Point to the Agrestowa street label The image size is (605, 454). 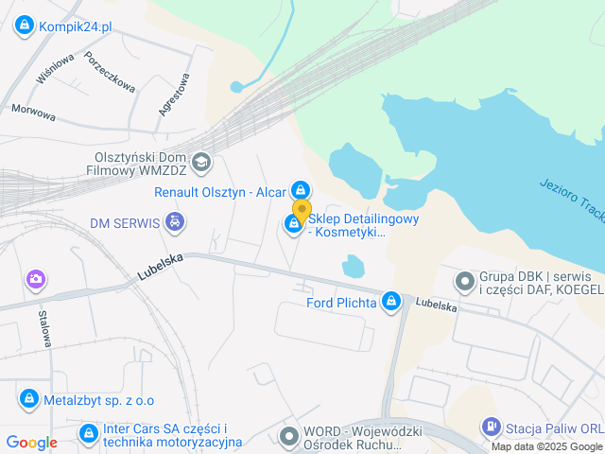click(x=174, y=95)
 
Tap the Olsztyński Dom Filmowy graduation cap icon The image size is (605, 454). click(x=200, y=163)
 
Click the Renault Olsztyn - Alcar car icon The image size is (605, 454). click(x=301, y=191)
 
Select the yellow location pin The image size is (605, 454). click(x=302, y=211)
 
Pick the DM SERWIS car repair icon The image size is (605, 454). click(x=173, y=222)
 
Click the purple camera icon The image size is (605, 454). click(x=36, y=278)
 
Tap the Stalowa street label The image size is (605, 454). click(x=43, y=325)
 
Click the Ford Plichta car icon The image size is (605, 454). click(x=390, y=303)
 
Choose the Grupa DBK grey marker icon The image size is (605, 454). click(x=464, y=281)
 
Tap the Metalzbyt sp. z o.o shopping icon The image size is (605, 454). click(x=29, y=399)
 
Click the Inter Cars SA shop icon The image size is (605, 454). click(x=88, y=434)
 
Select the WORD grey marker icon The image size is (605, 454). click(x=289, y=435)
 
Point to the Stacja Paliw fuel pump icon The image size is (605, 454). click(x=491, y=428)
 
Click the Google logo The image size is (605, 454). click(x=31, y=442)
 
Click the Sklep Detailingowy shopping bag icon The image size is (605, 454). click(x=293, y=224)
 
